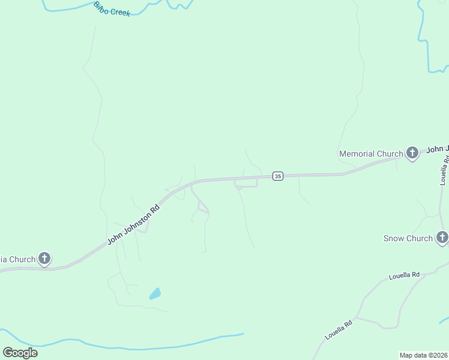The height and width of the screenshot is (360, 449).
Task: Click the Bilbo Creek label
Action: click(x=112, y=9)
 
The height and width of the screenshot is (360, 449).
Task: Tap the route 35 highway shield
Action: click(x=277, y=176)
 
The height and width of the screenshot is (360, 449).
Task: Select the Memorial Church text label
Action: click(x=371, y=154)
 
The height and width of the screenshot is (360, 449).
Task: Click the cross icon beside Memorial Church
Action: click(x=412, y=154)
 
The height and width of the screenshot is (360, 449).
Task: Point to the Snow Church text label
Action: click(x=408, y=238)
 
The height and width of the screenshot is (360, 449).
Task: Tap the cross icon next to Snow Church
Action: click(x=442, y=238)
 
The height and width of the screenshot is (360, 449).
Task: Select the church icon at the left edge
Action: click(x=44, y=259)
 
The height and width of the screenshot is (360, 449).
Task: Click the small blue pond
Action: click(x=155, y=294)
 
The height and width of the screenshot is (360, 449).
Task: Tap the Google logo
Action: click(x=20, y=352)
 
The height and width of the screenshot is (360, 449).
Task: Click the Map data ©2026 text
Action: click(x=423, y=355)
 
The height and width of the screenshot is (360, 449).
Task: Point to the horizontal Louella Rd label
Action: click(x=403, y=276)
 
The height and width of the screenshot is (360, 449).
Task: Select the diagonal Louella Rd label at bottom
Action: click(x=338, y=330)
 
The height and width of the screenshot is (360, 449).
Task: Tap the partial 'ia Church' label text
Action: click(x=17, y=259)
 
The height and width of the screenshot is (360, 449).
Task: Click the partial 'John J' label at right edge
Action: click(x=438, y=148)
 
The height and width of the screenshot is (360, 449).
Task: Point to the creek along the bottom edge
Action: click(x=150, y=347)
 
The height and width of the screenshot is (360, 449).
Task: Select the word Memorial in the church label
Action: click(x=358, y=154)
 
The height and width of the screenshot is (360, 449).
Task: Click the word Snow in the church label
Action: click(x=394, y=238)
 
